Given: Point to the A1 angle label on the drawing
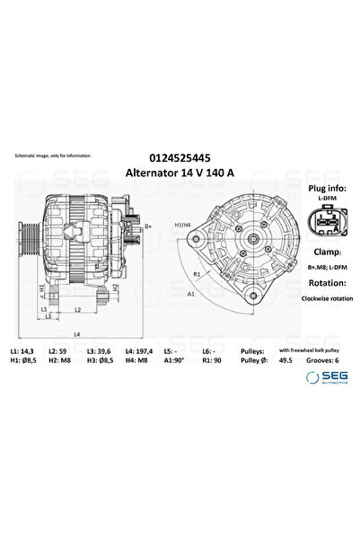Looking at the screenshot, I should pos(190,293).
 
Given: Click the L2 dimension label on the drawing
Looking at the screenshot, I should pos(78,309).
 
